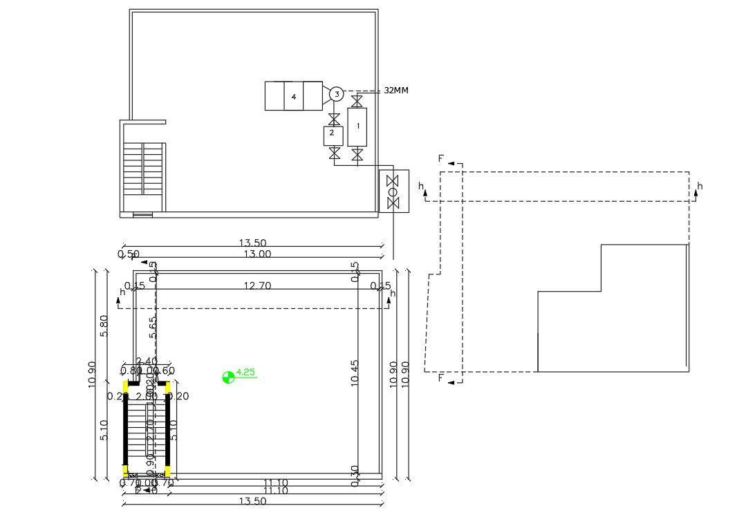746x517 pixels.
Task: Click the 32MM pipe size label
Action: [396, 91]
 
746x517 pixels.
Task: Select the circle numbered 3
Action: [336, 94]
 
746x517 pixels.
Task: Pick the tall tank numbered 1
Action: [357, 126]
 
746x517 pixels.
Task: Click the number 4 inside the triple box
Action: [294, 97]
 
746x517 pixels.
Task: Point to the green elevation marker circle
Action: [227, 377]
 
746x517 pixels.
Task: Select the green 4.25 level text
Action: [245, 373]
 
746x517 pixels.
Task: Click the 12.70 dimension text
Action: [257, 285]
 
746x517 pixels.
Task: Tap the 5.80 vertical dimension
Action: [104, 327]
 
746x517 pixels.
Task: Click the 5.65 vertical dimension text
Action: [153, 328]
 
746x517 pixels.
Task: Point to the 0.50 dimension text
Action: [129, 254]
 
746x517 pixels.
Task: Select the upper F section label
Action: [440, 159]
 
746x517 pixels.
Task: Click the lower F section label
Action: [440, 378]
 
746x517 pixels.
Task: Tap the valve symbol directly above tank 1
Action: [357, 102]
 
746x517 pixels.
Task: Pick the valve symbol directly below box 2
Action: [335, 151]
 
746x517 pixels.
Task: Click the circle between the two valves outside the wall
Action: [393, 191]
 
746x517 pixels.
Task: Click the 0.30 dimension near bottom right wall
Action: [355, 476]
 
